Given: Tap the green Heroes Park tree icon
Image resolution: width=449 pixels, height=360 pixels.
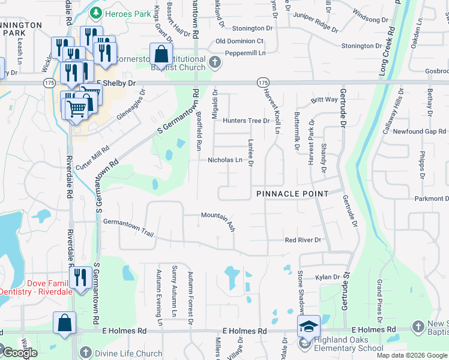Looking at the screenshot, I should [x=95, y=13].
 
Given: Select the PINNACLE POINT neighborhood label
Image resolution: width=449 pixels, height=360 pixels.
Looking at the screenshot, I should [x=292, y=194].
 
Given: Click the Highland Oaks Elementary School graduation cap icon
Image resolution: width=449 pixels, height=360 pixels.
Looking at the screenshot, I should [x=309, y=327].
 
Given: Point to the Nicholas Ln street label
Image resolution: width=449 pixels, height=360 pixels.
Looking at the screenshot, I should [x=225, y=160].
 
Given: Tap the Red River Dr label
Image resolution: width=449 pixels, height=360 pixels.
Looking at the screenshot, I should [x=303, y=240].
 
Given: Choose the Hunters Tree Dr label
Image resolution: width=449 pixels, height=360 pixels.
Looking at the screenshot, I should [x=246, y=121].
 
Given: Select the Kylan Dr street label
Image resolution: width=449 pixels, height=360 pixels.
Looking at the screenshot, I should [x=328, y=277].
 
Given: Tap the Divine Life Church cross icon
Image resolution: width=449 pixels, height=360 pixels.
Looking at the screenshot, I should [x=86, y=353].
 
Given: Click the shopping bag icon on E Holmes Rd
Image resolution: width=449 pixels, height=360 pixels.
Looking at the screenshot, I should [x=64, y=323].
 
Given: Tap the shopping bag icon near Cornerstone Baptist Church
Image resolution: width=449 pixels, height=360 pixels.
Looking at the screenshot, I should [x=161, y=55].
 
